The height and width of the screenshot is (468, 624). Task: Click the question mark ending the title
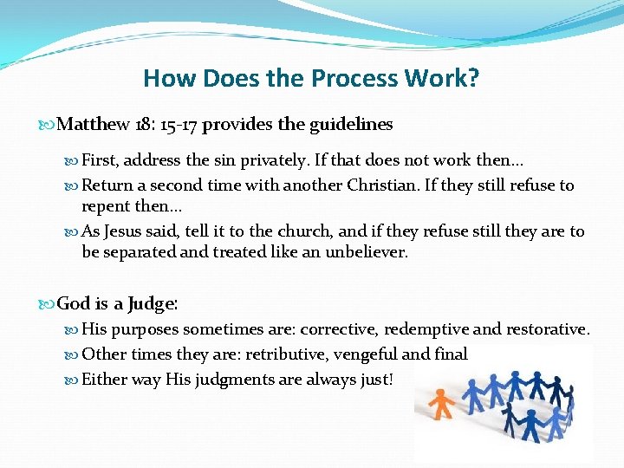point(472,79)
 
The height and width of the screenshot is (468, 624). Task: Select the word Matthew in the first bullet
point(94,125)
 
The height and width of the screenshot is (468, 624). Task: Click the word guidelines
point(350,125)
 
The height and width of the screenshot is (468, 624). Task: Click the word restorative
point(547,330)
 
